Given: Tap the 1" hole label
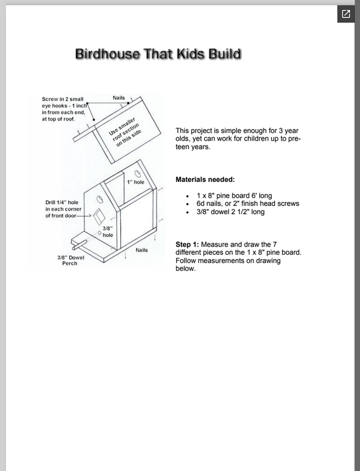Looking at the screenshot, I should [x=136, y=183].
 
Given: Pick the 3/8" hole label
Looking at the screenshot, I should [x=108, y=231].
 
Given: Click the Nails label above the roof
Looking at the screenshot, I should [x=119, y=97].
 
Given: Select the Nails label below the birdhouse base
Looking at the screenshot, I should [x=141, y=250].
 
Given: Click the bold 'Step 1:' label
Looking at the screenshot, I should [x=189, y=244].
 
